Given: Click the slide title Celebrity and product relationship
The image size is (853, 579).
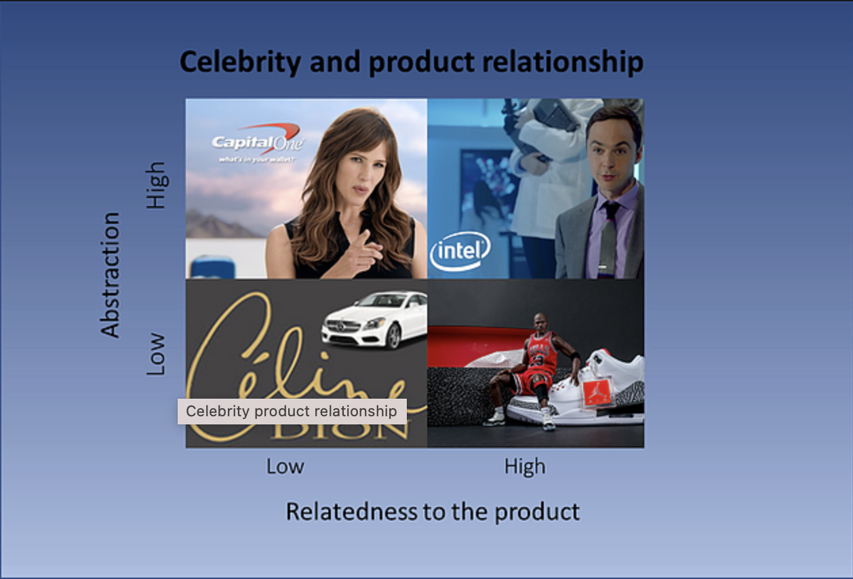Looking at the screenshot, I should point(411,62).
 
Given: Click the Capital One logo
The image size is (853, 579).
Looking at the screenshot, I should point(258,140).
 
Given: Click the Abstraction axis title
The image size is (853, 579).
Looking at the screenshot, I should point(110,275).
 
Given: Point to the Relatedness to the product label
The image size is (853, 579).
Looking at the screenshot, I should point(433,511).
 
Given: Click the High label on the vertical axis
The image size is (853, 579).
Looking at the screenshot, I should point(156,185).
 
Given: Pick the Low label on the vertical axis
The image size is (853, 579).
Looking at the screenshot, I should point(156,353).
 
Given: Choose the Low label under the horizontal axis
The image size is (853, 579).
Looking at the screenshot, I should point(285,466).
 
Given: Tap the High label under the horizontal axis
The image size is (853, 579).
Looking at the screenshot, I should point(525,466).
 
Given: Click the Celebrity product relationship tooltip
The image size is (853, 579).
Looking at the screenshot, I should point(292,411).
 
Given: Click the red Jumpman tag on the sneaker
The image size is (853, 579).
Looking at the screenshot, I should point(597,393).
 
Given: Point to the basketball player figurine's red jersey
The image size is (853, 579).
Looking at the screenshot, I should point(540,353).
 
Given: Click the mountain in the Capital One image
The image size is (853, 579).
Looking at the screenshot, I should point(217,225).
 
